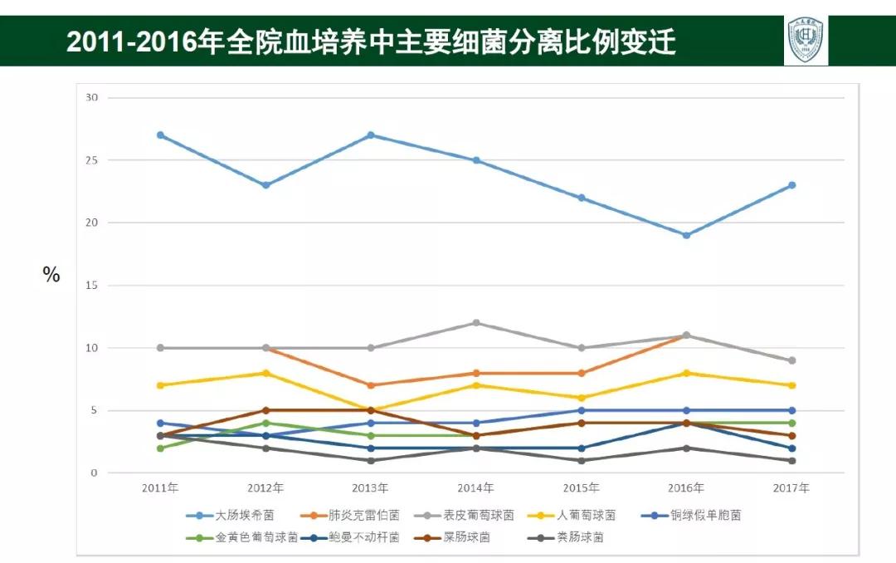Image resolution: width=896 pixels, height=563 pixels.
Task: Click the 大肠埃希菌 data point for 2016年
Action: tap(686, 235)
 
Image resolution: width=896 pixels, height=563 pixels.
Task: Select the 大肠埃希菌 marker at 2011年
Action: tap(160, 135)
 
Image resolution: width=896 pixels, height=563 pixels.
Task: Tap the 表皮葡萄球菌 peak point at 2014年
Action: tap(476, 323)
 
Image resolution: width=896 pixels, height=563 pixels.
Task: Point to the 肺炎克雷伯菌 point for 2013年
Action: tap(371, 385)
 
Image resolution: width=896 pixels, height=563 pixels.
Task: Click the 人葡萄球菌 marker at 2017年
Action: tap(791, 385)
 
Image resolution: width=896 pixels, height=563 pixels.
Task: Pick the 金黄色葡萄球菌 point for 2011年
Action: tap(160, 448)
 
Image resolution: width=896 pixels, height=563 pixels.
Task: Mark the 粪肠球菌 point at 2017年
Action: tap(791, 461)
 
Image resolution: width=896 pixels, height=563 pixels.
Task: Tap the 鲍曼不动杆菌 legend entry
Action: tap(356, 537)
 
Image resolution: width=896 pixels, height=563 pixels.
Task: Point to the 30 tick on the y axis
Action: tap(91, 97)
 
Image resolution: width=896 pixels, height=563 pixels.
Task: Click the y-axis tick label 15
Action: tap(91, 286)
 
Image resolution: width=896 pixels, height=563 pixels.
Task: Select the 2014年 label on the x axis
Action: tap(476, 488)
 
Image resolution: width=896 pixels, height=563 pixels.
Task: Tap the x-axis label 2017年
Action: tap(791, 488)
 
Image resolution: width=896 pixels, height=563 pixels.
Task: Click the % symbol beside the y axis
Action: tap(51, 276)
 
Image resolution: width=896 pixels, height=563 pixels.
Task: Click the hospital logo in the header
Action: tap(806, 40)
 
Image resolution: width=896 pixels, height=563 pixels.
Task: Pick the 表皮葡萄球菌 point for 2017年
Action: tap(791, 360)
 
